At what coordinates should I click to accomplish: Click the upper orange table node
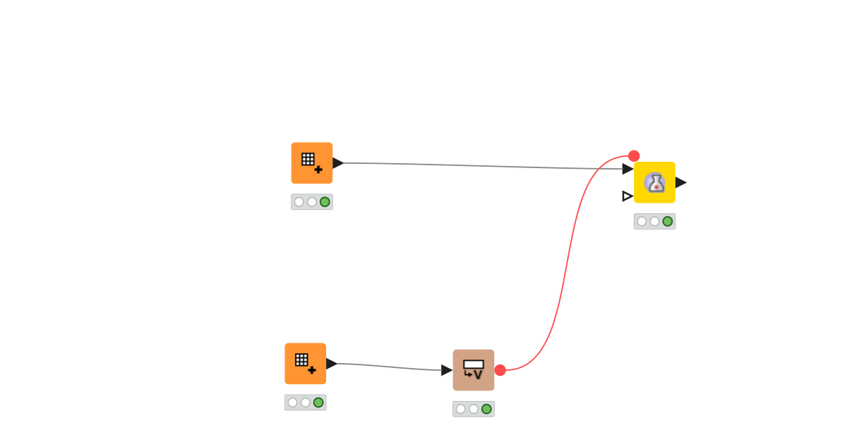click(311, 163)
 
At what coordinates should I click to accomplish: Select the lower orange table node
click(305, 364)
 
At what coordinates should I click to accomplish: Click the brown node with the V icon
click(473, 370)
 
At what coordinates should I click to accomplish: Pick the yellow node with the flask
click(654, 182)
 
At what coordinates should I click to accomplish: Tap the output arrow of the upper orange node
click(337, 163)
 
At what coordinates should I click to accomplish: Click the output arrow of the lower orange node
click(331, 364)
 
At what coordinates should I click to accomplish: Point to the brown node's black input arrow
click(446, 370)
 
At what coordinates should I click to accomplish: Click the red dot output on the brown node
click(500, 370)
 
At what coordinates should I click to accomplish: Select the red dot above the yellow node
click(634, 156)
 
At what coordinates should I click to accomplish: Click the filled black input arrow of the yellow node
click(627, 169)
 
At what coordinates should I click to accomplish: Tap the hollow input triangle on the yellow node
click(627, 196)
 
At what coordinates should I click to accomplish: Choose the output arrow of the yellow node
click(680, 182)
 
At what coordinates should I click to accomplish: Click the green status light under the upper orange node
click(325, 202)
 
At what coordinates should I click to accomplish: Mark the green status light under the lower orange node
click(318, 403)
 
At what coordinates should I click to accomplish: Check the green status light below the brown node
click(486, 409)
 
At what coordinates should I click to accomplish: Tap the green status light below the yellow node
click(668, 221)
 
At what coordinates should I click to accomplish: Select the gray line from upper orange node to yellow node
click(480, 166)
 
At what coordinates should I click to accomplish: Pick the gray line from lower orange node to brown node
click(388, 367)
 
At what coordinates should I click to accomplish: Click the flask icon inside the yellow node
click(655, 183)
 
